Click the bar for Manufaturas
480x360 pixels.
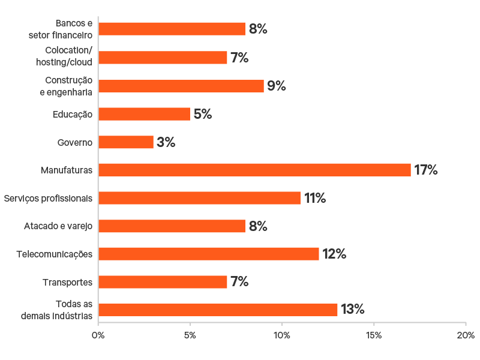point(254,170)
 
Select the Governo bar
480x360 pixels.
point(126,142)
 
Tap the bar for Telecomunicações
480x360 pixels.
point(209,254)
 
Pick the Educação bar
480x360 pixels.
point(144,114)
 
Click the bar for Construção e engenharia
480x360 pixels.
point(181,86)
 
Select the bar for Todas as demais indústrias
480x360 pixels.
point(218,310)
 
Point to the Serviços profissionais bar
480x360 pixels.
point(199,198)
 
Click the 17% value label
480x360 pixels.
point(426,170)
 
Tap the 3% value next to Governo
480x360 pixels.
point(166,142)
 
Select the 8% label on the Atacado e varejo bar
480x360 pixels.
point(257,226)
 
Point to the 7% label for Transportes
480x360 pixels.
point(239,282)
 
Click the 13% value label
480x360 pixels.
point(353,310)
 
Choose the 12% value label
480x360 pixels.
point(334,254)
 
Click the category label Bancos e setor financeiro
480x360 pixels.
point(61,29)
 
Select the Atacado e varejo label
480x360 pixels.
point(58,226)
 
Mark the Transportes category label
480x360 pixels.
point(68,282)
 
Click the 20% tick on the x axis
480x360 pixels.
point(466,334)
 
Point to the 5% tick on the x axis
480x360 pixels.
point(190,334)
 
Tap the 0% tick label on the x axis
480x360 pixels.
point(98,334)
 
